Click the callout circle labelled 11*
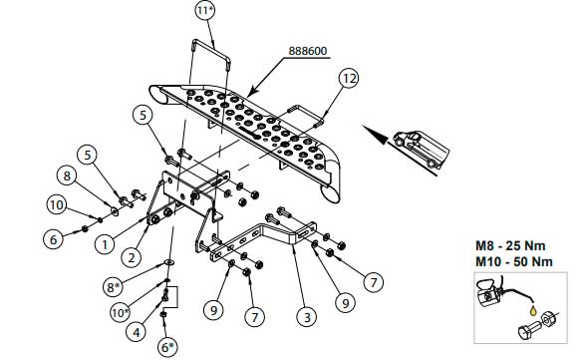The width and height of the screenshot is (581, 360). (x=205, y=10)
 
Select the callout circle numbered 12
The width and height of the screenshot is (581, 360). (x=349, y=78)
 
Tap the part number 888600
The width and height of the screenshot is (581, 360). (x=308, y=51)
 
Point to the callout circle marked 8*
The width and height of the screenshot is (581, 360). (x=114, y=286)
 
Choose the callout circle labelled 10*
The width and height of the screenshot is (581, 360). (x=121, y=313)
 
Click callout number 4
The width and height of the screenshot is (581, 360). (x=137, y=332)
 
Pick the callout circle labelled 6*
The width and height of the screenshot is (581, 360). (x=167, y=347)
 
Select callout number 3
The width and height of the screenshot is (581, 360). (x=307, y=317)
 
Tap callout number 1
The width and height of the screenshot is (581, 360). (x=105, y=244)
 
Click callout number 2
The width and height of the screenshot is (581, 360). (x=132, y=257)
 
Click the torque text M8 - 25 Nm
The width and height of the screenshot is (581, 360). (x=510, y=245)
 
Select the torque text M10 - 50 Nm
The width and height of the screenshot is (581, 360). (x=514, y=261)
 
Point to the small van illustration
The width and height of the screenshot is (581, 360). (x=422, y=149)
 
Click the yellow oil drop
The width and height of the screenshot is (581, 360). (x=533, y=310)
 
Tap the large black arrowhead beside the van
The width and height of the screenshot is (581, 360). (x=375, y=134)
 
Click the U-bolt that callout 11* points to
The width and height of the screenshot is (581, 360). (x=211, y=55)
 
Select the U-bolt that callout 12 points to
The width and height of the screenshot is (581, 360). (x=306, y=116)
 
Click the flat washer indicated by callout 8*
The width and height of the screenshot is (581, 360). (x=169, y=262)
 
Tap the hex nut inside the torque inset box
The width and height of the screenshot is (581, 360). (x=547, y=318)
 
